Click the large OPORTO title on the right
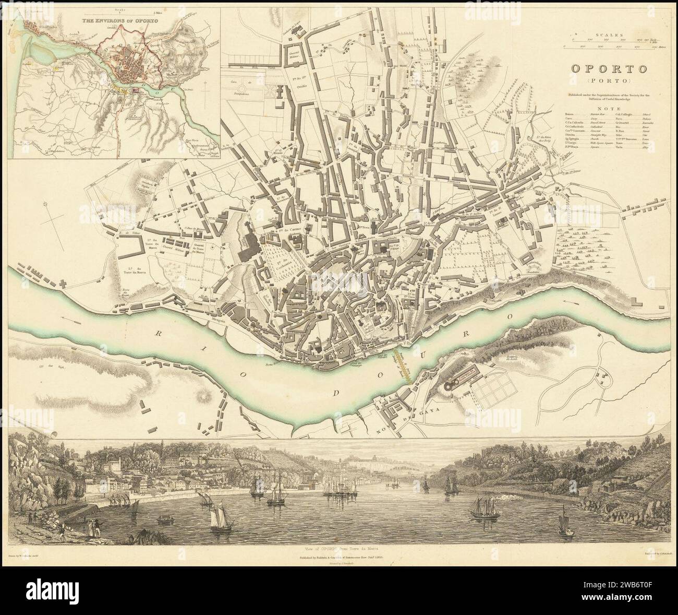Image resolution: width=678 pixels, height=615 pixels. (x=609, y=68)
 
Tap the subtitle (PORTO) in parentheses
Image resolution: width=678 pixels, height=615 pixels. (x=609, y=81)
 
